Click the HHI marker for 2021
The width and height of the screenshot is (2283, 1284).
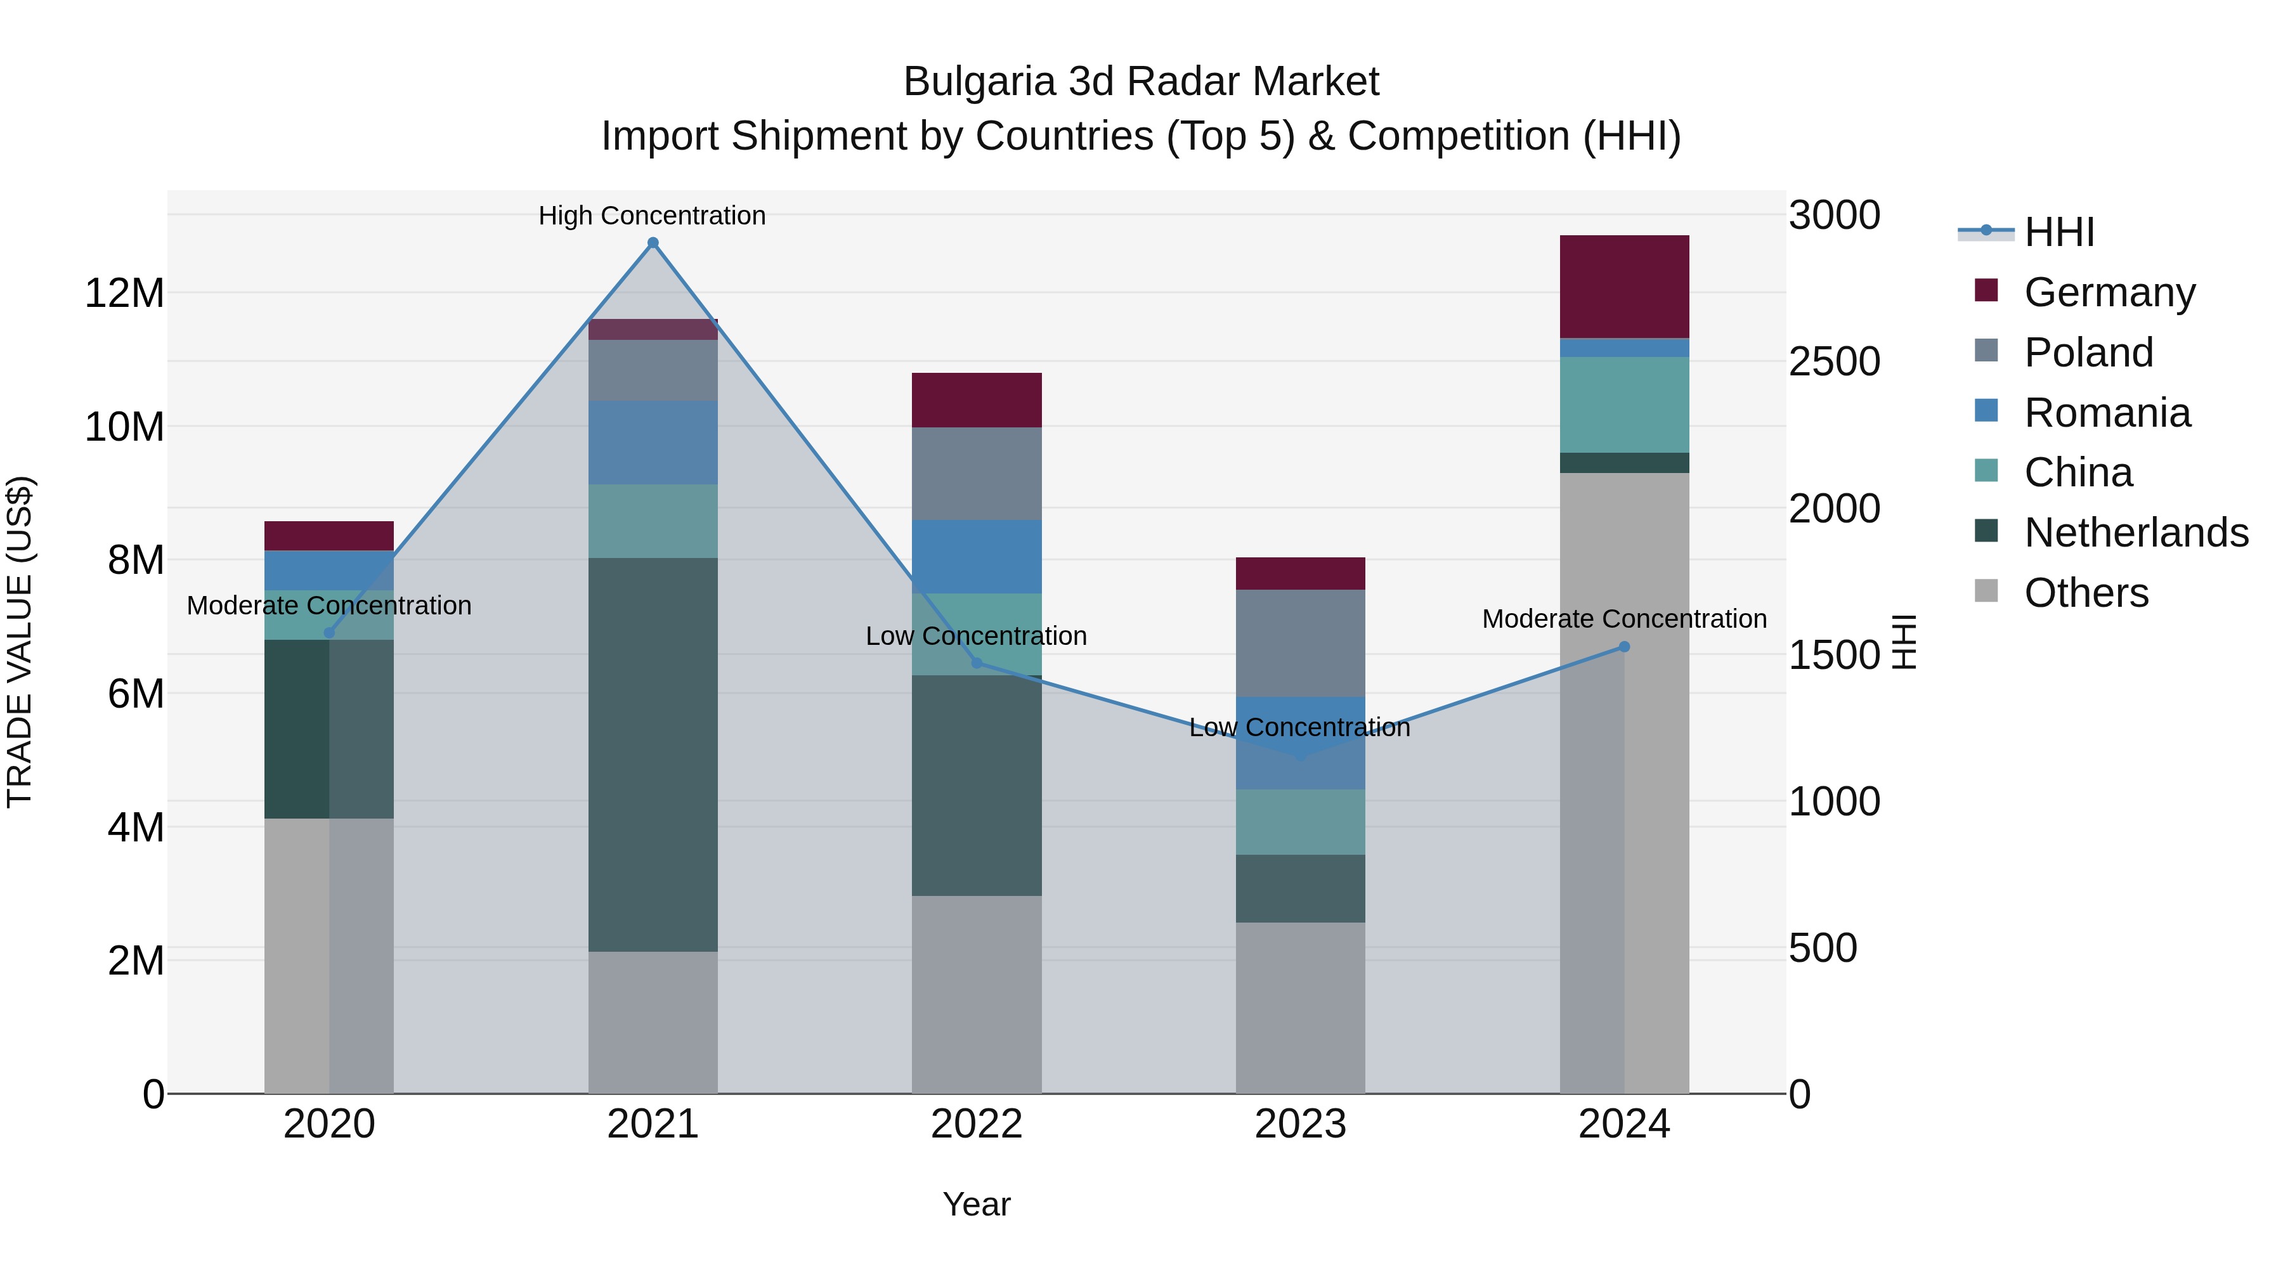(x=653, y=243)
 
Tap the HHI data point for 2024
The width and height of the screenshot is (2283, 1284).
(x=1625, y=647)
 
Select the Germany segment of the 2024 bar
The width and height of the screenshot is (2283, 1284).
(x=1625, y=286)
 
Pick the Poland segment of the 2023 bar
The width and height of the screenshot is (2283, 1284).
(x=1300, y=644)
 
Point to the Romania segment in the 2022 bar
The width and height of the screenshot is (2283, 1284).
(x=977, y=557)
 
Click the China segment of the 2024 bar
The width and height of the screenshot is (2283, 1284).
(x=1625, y=405)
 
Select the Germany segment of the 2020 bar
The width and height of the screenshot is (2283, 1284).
(x=328, y=535)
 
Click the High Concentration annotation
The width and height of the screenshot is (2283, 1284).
(x=653, y=216)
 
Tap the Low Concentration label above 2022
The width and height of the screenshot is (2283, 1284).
(x=977, y=636)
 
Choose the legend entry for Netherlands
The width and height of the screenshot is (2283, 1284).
(x=2136, y=533)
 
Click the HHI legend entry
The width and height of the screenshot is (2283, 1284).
(x=2059, y=232)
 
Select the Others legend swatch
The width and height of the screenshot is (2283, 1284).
(x=1986, y=591)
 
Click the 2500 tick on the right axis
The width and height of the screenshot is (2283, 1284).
(x=1833, y=361)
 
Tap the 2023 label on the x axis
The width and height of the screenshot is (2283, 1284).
(x=1300, y=1124)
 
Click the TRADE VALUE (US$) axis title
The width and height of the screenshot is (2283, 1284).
(x=20, y=642)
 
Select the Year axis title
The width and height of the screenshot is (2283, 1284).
(x=977, y=1204)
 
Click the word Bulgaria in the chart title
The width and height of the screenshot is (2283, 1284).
(x=979, y=82)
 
